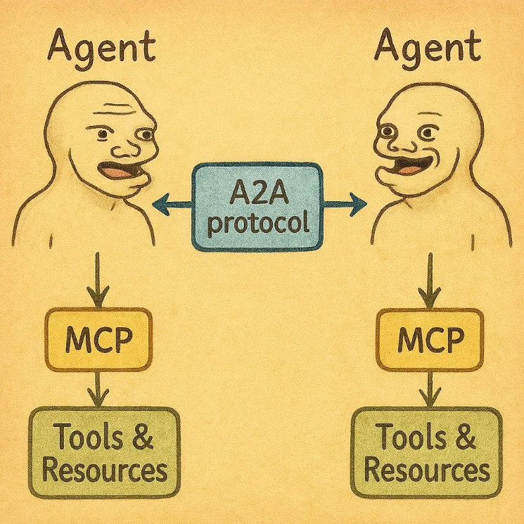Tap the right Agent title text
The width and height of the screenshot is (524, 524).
coord(428,47)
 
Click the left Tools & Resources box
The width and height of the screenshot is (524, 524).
coord(105,449)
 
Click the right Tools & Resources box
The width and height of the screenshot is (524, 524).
coord(426,449)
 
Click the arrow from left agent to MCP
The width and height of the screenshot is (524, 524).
coord(97,278)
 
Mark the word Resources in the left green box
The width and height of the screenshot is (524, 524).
coord(105,467)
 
